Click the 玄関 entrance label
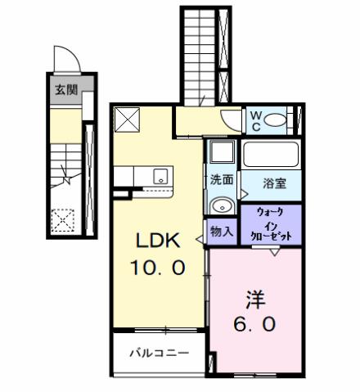(x=66, y=90)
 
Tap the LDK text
(x=158, y=241)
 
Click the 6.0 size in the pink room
(x=256, y=323)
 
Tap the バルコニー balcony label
(x=160, y=354)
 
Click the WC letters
(x=255, y=121)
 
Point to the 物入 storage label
(x=221, y=231)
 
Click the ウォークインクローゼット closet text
(x=271, y=223)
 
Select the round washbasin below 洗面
(x=220, y=205)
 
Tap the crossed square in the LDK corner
(x=126, y=121)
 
